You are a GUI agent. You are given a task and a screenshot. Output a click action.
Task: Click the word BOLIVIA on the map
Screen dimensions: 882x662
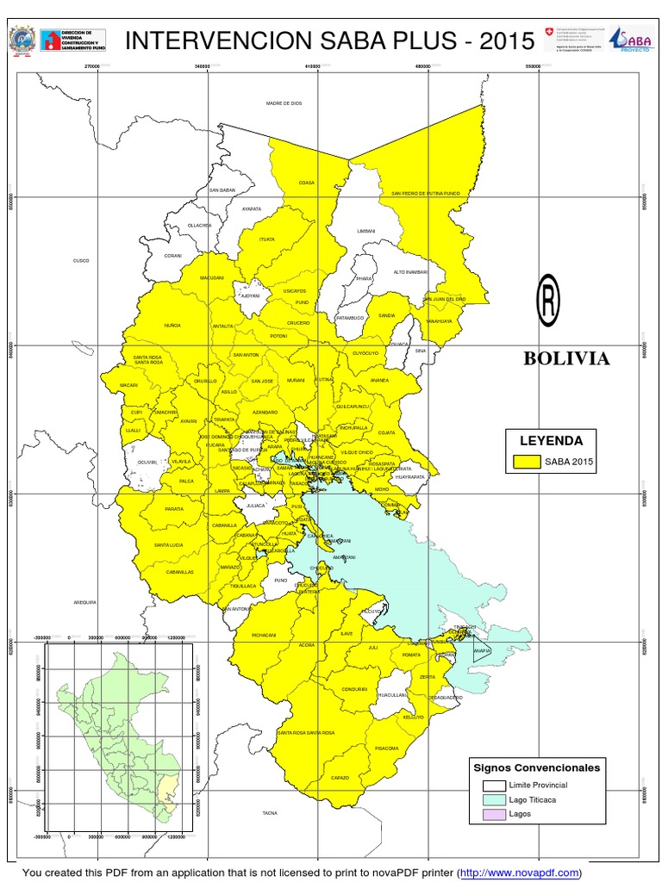coord(566,359)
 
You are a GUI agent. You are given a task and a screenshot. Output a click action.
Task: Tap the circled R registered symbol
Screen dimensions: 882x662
coord(548,300)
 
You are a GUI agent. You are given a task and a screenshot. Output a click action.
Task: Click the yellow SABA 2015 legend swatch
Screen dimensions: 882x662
coord(528,462)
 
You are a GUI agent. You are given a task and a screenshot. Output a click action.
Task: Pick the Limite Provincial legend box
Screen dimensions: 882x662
coord(494,785)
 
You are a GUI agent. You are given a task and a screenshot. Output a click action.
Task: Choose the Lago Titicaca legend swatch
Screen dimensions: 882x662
coord(494,799)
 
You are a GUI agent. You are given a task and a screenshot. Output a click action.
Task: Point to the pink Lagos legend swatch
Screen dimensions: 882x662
coord(494,813)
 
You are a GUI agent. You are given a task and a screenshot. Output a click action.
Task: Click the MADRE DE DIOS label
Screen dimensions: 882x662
coord(283,103)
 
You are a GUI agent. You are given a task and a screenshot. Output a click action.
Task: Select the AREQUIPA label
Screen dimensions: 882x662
coord(84,602)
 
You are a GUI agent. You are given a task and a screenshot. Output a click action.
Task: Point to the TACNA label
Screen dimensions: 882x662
coord(270,812)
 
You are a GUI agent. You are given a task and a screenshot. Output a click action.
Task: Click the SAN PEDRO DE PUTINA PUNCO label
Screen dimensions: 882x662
coord(427,194)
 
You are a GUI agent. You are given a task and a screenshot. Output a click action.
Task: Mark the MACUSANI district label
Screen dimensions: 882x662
coord(212,278)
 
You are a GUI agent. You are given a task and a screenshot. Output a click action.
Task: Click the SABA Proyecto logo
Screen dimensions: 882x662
coord(630,39)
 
